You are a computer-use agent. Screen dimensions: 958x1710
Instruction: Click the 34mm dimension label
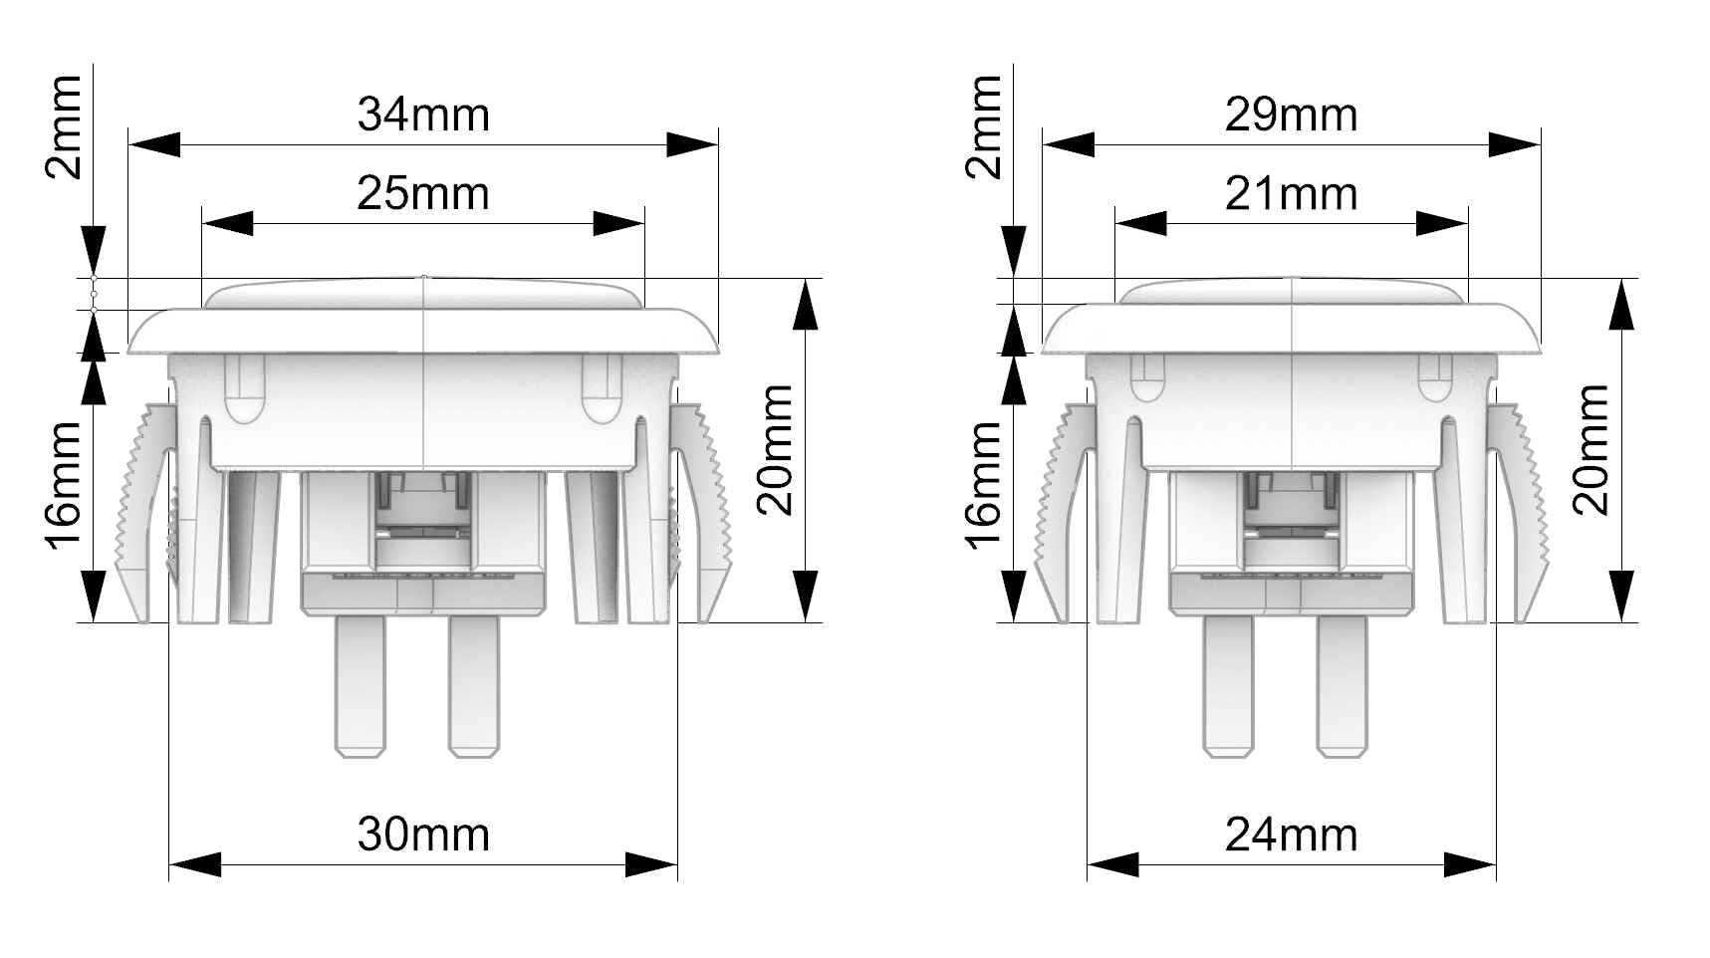[x=423, y=115]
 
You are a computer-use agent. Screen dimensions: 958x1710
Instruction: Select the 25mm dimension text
[x=423, y=192]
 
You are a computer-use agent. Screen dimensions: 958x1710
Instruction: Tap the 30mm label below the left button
[x=423, y=835]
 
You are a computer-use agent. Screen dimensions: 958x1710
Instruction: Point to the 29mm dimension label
[x=1291, y=115]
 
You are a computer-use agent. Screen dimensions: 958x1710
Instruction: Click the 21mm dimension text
[x=1291, y=193]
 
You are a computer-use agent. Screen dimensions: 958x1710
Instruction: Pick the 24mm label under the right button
[x=1291, y=835]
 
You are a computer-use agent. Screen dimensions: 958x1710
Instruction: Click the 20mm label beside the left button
[x=776, y=449]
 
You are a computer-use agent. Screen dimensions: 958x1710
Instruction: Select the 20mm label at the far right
[x=1590, y=449]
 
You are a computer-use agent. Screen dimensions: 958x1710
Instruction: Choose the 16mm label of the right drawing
[x=982, y=484]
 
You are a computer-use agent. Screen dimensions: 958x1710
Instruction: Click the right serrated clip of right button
[x=1529, y=508]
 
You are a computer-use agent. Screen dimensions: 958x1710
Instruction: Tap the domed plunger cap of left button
[x=423, y=293]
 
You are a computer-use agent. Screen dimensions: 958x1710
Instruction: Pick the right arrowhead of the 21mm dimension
[x=1442, y=224]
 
